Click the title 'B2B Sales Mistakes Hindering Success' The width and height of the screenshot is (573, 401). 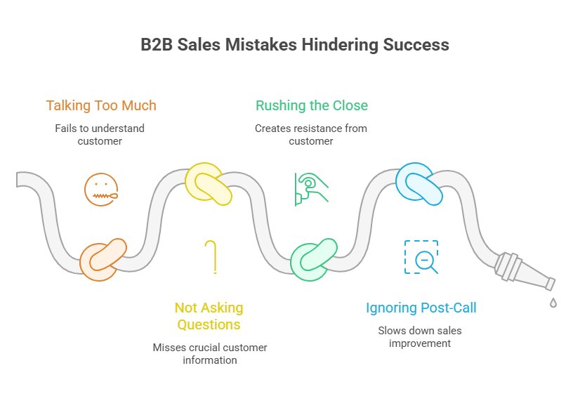point(295,45)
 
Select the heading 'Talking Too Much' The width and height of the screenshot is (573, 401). point(100,105)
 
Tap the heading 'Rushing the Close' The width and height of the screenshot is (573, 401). point(311,105)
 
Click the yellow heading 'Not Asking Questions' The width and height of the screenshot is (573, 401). point(209,316)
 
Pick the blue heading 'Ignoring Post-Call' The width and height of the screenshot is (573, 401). point(421,308)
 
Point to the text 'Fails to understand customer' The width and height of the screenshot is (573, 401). point(100,134)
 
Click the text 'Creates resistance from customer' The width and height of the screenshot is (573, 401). point(311,134)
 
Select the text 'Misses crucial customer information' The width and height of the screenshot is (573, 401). point(210,353)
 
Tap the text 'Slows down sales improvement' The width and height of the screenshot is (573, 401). point(420,336)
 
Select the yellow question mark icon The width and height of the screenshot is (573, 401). point(211,256)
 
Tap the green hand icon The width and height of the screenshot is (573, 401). point(311,188)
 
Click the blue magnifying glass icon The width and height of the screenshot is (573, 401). point(421,257)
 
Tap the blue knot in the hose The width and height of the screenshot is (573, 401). point(419,184)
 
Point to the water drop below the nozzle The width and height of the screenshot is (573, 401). point(553,303)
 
